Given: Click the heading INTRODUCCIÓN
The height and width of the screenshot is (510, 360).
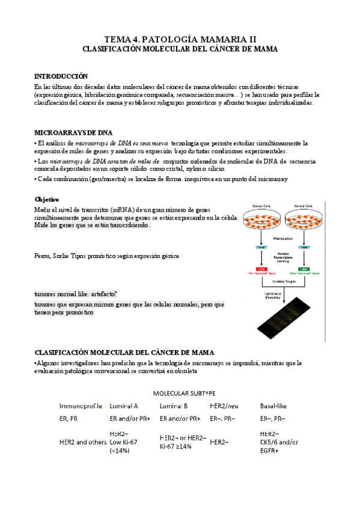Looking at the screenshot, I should click(x=61, y=76).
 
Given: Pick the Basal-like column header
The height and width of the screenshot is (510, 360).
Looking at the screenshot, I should click(x=273, y=406).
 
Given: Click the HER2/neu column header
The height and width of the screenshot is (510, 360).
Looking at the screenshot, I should click(x=224, y=406).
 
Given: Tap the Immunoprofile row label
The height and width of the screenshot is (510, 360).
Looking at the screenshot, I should click(x=81, y=406).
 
